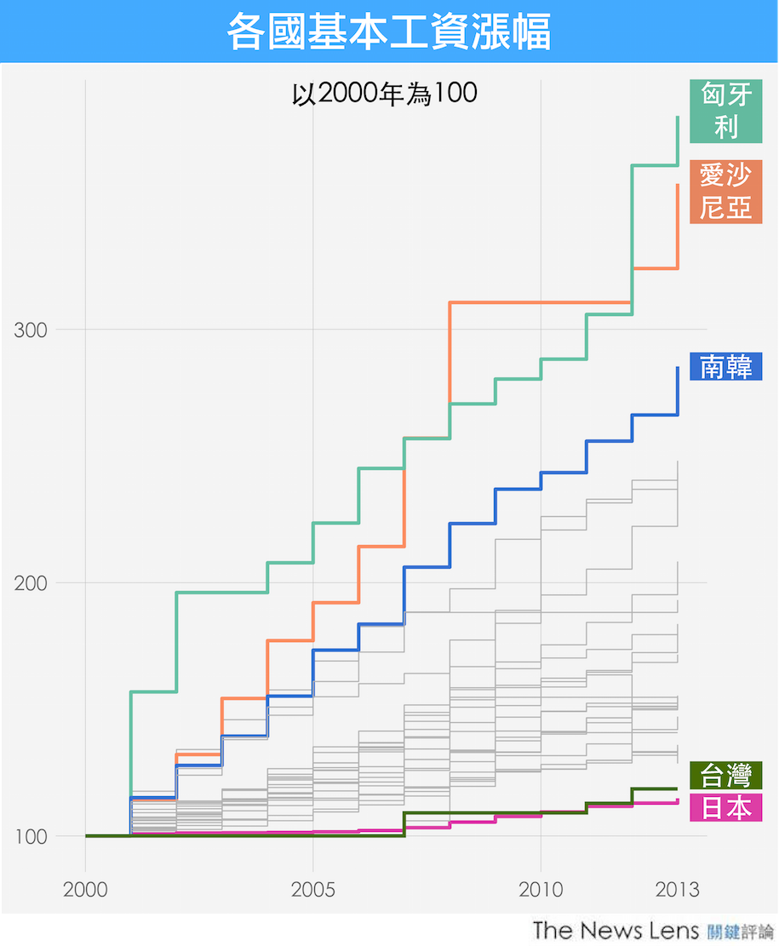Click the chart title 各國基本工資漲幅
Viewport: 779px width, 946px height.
[x=389, y=32]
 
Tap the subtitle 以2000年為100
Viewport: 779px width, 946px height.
[x=384, y=94]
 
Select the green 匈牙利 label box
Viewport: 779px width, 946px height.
[x=725, y=111]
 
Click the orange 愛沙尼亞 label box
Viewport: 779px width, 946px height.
[x=725, y=192]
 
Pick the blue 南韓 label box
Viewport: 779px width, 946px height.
[x=725, y=366]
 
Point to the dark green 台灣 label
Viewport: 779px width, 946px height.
[x=725, y=776]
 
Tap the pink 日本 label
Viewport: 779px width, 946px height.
[x=725, y=807]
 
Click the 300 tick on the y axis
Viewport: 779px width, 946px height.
[x=32, y=330]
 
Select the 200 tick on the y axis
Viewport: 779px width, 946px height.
[x=32, y=583]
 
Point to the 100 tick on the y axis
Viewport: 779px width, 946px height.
[x=32, y=836]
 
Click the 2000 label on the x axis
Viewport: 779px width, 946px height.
[x=85, y=890]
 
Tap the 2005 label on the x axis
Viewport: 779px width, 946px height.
[x=313, y=890]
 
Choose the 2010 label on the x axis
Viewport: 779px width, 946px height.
[x=541, y=890]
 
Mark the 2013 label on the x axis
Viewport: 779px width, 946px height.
[x=678, y=890]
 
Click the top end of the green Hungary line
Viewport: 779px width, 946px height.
[x=677, y=118]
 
